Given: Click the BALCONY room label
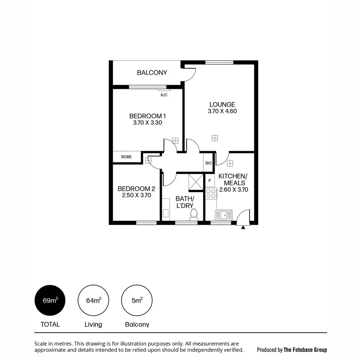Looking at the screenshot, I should click(152, 73).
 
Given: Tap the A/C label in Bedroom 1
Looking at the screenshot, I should click(164, 95).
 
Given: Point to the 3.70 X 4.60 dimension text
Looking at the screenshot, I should click(222, 112).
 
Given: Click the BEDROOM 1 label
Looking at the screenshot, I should click(147, 116).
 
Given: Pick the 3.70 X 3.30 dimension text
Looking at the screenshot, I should click(147, 123).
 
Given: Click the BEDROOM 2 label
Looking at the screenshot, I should click(136, 189).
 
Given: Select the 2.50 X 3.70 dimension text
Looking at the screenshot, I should click(136, 196).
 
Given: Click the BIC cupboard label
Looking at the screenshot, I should click(208, 163).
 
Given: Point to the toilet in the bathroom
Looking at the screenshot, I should click(194, 214).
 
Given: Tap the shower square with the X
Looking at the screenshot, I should click(196, 183).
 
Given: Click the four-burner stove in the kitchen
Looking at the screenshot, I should click(211, 194).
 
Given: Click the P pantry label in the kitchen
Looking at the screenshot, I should click(210, 180).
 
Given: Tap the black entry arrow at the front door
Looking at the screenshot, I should click(243, 227).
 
